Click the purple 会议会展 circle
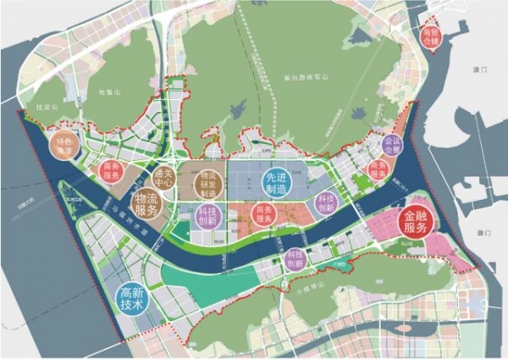pos(392,145)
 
